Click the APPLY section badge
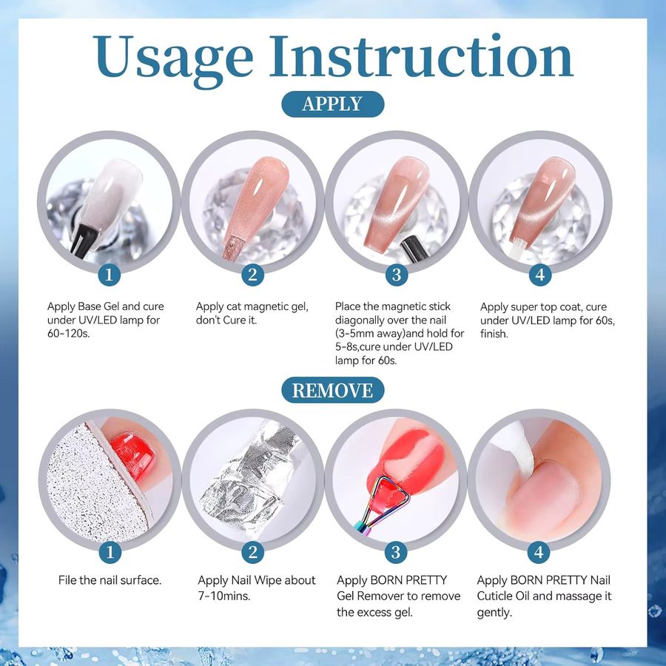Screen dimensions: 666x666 click(332, 104)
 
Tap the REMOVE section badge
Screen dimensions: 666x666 click(332, 390)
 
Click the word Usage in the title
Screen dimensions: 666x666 click(173, 57)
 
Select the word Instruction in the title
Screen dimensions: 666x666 click(421, 56)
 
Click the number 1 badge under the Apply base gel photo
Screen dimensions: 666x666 click(109, 275)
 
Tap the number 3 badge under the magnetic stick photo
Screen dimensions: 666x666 click(397, 275)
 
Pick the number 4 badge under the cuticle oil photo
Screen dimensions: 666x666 click(539, 552)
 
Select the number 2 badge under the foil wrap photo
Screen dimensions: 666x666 click(253, 552)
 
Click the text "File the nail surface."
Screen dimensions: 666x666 click(110, 580)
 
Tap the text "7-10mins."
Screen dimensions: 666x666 click(224, 596)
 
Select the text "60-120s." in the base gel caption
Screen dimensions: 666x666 click(68, 334)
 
